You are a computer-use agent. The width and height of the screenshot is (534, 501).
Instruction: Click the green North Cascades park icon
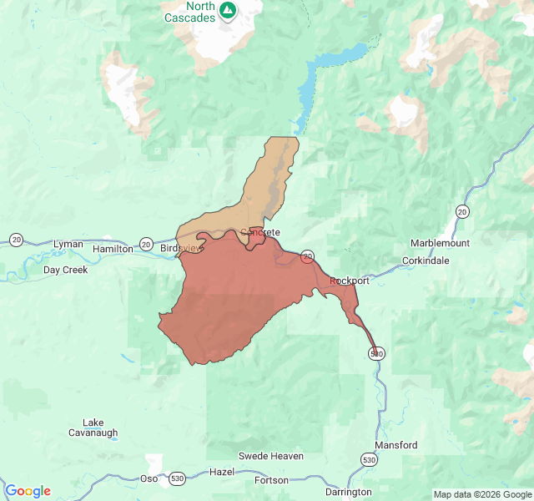tap(228, 10)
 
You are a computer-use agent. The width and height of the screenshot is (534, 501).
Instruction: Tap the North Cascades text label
tap(189, 13)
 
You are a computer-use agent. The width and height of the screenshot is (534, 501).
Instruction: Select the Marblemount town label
tap(440, 243)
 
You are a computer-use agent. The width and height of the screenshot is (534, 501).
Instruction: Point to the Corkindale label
tap(425, 261)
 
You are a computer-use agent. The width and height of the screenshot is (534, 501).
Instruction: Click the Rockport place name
tap(350, 281)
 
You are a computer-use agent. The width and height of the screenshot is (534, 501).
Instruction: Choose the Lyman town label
tap(68, 244)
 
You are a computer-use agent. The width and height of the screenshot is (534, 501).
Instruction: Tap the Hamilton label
tap(113, 249)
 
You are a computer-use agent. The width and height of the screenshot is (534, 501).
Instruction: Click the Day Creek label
tap(66, 270)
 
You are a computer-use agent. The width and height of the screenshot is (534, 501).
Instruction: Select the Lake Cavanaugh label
tap(93, 428)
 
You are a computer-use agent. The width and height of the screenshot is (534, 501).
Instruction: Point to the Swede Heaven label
tap(271, 456)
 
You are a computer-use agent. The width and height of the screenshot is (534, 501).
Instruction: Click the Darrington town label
tap(349, 492)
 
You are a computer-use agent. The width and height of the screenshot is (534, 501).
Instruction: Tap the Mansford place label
tap(395, 445)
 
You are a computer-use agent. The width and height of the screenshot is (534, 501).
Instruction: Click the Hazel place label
tap(222, 472)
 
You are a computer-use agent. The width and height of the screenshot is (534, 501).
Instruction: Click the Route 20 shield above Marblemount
tap(462, 211)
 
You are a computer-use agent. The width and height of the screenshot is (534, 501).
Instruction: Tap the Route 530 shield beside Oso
tap(176, 478)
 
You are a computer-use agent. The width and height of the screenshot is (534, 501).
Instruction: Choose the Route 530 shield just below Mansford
tap(369, 459)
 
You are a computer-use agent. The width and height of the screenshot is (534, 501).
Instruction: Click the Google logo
tap(28, 491)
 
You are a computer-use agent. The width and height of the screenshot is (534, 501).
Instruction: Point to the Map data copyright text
tap(481, 494)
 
